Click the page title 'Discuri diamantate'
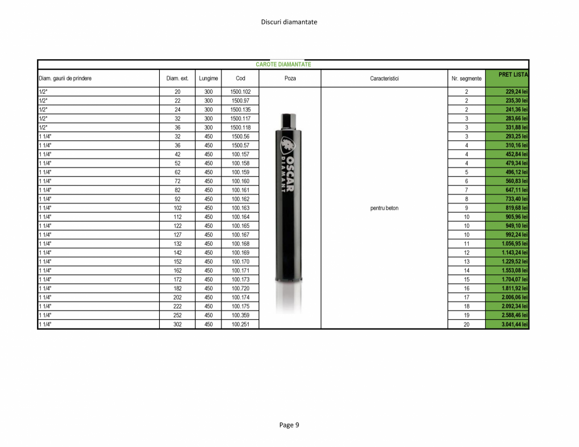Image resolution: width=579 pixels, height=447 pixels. [x=289, y=22]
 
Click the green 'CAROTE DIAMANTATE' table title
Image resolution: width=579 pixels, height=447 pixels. [x=283, y=64]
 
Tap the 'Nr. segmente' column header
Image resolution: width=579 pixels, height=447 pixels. [x=466, y=79]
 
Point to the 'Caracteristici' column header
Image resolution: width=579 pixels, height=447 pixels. [x=384, y=79]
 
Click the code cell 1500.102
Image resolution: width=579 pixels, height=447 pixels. [x=240, y=92]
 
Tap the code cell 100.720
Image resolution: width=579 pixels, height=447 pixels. [x=240, y=288]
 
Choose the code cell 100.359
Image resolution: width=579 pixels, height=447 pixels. [x=240, y=315]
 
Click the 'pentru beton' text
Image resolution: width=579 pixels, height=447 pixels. [x=384, y=208]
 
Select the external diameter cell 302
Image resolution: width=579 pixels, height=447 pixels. [x=177, y=325]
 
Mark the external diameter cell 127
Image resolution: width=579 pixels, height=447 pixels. [x=177, y=235]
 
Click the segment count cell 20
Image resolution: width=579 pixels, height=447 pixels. [x=466, y=325]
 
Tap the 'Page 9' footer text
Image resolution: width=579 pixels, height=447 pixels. [x=289, y=425]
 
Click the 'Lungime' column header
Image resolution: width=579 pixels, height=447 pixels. [x=208, y=79]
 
